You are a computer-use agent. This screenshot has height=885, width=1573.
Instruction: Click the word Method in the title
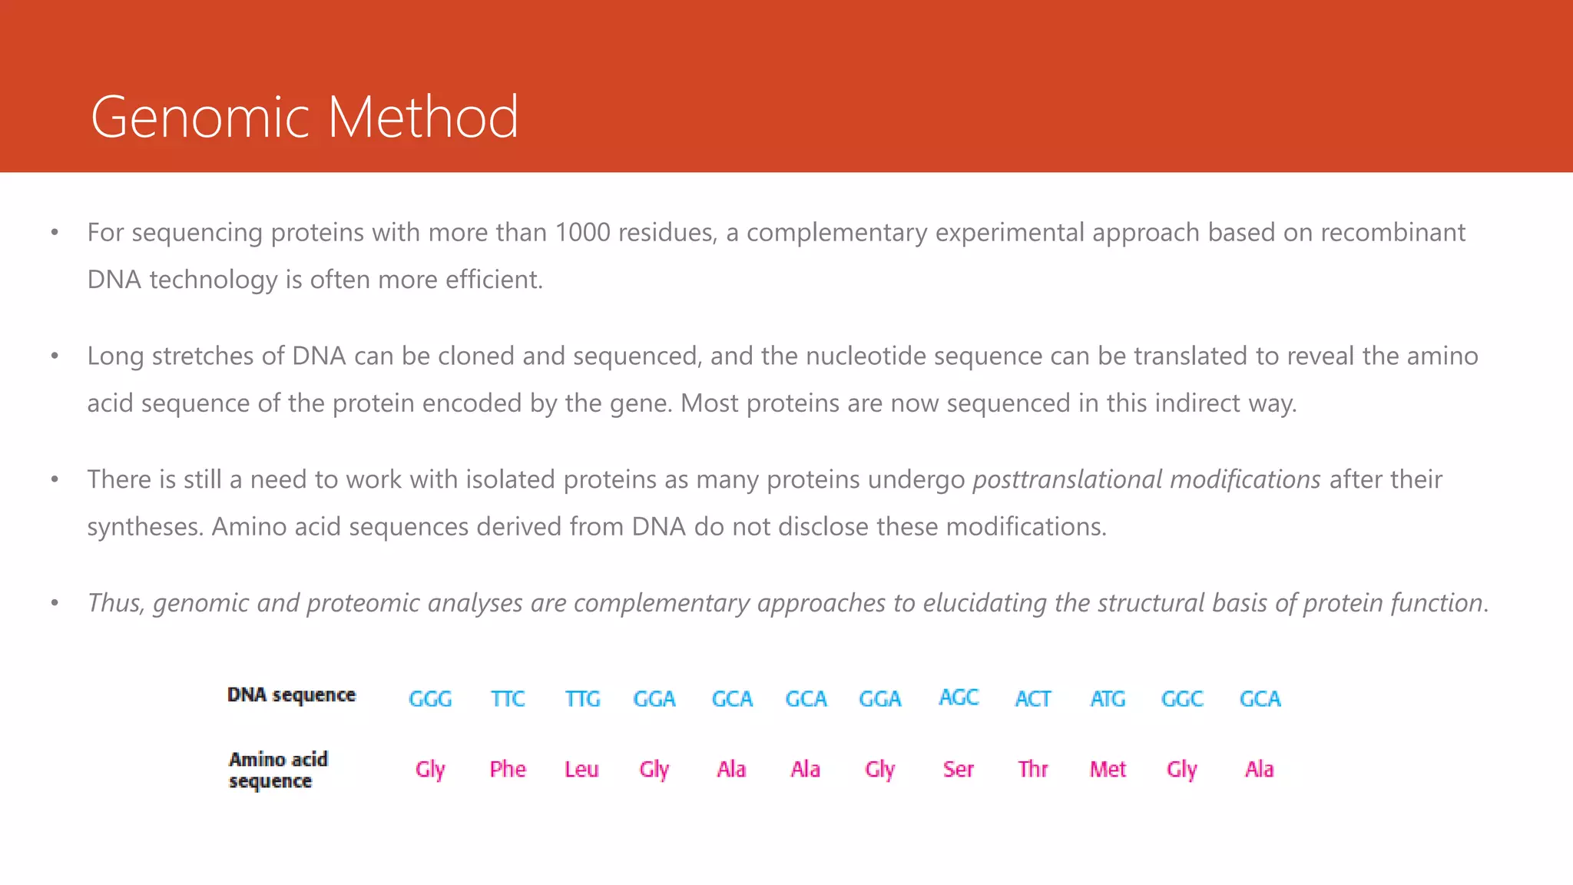pos(423,117)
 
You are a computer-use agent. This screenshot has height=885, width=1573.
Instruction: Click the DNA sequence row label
pos(292,694)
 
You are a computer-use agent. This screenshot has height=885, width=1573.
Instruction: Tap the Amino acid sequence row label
pos(278,770)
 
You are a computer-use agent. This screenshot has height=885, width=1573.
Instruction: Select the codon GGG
pos(430,698)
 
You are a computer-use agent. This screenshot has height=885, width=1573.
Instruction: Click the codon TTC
pos(508,698)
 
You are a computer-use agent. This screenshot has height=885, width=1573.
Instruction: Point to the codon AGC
pos(959,697)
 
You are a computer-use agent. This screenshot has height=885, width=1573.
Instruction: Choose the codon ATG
pos(1108,698)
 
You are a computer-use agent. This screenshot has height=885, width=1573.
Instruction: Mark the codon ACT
pos(1033,698)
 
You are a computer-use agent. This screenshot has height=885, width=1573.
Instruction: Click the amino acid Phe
pos(508,769)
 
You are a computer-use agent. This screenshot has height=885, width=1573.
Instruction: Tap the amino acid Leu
pos(581,769)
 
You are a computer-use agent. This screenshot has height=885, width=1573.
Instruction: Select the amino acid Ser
pos(959,769)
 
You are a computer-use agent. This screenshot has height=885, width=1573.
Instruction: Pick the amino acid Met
pos(1108,769)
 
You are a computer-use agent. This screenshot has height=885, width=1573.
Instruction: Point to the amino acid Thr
pos(1033,769)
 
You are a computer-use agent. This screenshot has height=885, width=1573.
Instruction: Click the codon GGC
pos(1182,698)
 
